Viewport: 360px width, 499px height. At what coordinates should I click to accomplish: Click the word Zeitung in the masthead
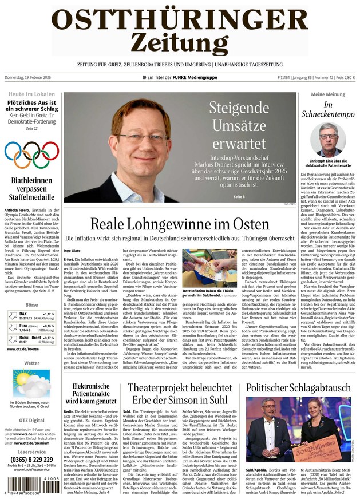tap(179, 42)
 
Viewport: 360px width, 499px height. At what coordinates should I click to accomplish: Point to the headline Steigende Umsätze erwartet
tap(239, 124)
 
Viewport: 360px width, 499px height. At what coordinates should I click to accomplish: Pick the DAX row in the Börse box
tap(31, 316)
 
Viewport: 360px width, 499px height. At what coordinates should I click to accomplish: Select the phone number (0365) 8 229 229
tap(31, 460)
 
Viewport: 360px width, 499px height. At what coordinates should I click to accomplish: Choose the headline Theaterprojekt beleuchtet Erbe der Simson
tap(179, 394)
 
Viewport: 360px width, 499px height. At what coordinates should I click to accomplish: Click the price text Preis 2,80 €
tap(344, 78)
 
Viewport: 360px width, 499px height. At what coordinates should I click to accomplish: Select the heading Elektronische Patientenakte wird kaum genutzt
tap(91, 394)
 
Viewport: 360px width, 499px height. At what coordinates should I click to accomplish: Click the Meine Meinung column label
tap(328, 94)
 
